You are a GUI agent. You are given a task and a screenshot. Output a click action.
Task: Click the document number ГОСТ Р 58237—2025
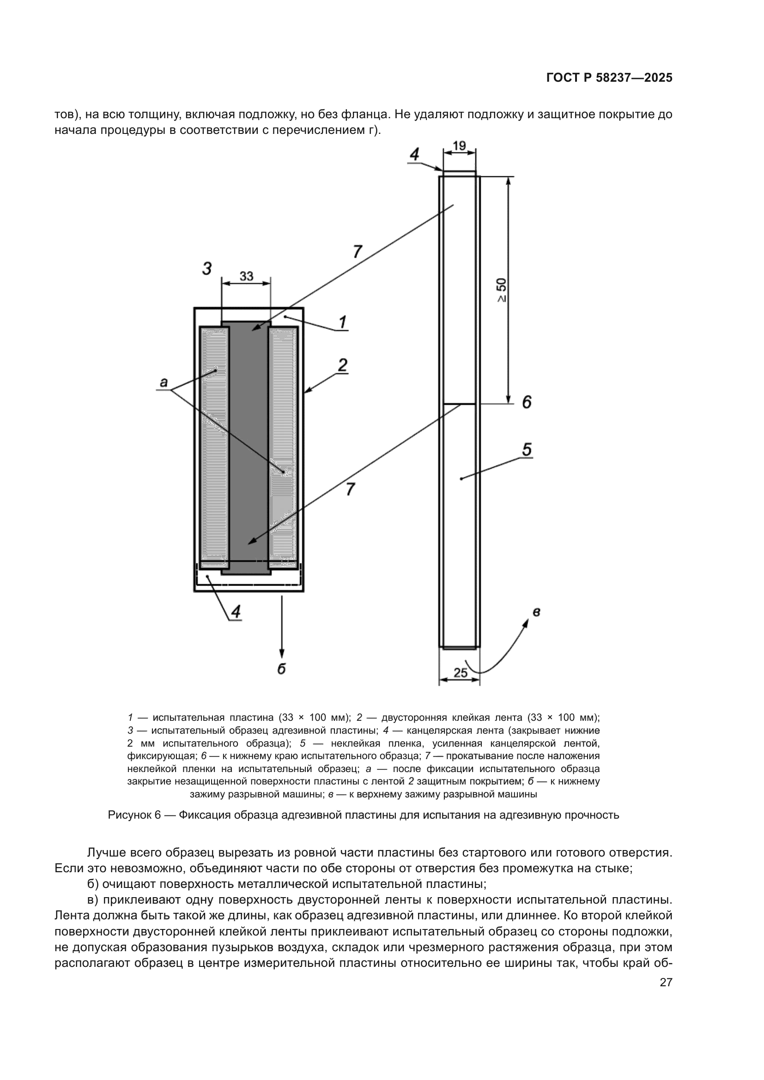pos(609,78)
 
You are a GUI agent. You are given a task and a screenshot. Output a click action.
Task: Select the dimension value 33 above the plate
pos(246,276)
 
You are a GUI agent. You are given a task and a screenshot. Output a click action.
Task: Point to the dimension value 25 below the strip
pos(460,673)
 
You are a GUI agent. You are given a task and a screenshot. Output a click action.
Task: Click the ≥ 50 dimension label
pos(502,290)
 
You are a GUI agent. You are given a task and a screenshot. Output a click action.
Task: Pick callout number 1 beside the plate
pos(343,322)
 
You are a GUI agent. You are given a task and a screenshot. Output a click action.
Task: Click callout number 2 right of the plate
pos(342,365)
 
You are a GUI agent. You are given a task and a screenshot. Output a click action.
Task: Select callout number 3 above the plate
pos(206,269)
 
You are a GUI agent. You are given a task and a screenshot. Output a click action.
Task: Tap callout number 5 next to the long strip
pos(527,450)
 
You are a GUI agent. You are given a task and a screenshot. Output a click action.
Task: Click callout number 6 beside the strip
pos(527,402)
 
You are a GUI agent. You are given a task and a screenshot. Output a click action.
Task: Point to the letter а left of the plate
pos(163,382)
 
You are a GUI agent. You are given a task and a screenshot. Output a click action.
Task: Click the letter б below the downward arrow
pos(281,669)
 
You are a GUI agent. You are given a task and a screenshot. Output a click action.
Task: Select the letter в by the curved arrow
pos(536,612)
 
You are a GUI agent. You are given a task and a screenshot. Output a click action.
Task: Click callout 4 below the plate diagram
pos(236,611)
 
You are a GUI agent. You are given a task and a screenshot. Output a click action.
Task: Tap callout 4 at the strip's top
pos(414,154)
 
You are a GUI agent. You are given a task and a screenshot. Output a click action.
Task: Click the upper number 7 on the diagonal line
pos(358,252)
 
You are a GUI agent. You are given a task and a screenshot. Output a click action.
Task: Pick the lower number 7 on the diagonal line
pos(350,489)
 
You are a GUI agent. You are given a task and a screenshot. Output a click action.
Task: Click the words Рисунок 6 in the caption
pos(134,815)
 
